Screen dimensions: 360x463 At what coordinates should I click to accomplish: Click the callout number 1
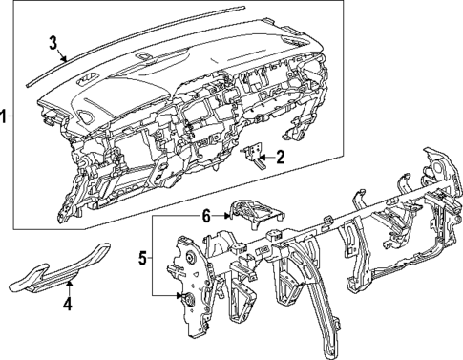point(5,117)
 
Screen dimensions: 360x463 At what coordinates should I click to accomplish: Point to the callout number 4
point(67,305)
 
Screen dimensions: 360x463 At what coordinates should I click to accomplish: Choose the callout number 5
point(144,257)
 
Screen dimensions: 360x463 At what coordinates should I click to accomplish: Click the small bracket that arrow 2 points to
point(255,156)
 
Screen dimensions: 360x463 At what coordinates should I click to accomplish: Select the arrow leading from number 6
point(221,217)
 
